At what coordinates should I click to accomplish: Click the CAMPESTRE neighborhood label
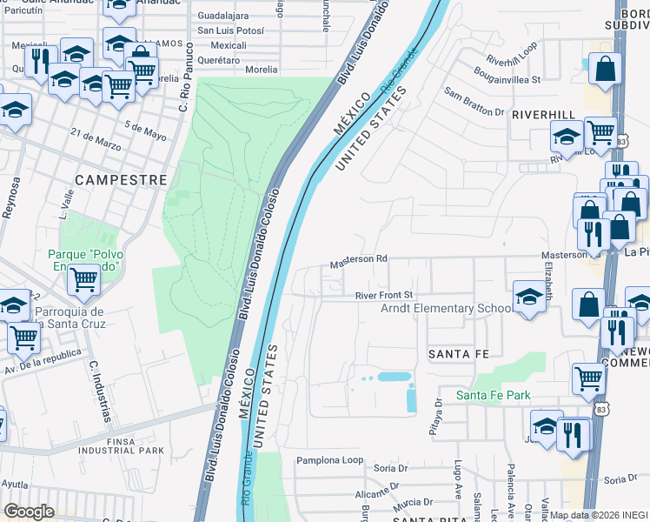(121, 179)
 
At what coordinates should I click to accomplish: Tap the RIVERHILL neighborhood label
(543, 114)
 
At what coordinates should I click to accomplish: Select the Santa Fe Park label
(494, 396)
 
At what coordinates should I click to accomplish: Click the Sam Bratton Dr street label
(474, 101)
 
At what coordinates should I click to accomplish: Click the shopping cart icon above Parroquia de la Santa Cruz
(83, 280)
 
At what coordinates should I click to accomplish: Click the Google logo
(29, 511)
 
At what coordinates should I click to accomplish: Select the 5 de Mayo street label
(145, 130)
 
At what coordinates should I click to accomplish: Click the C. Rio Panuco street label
(184, 90)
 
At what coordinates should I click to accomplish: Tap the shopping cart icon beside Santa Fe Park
(588, 378)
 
